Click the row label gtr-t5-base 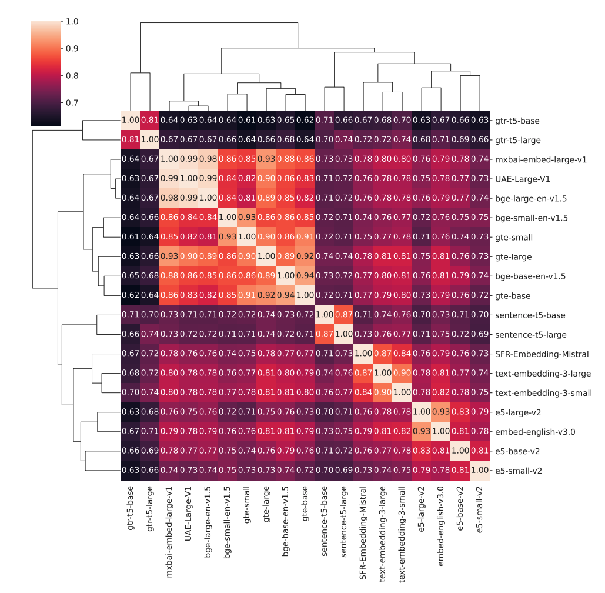coord(518,121)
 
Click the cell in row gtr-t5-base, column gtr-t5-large coord(150,121)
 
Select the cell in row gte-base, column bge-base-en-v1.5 coord(286,295)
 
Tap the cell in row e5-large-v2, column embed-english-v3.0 coord(441,412)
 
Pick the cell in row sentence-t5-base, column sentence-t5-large coord(344,315)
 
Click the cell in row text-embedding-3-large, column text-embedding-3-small coord(402,373)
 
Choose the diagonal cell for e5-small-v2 coord(480,471)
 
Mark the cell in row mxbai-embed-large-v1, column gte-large coord(266,159)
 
